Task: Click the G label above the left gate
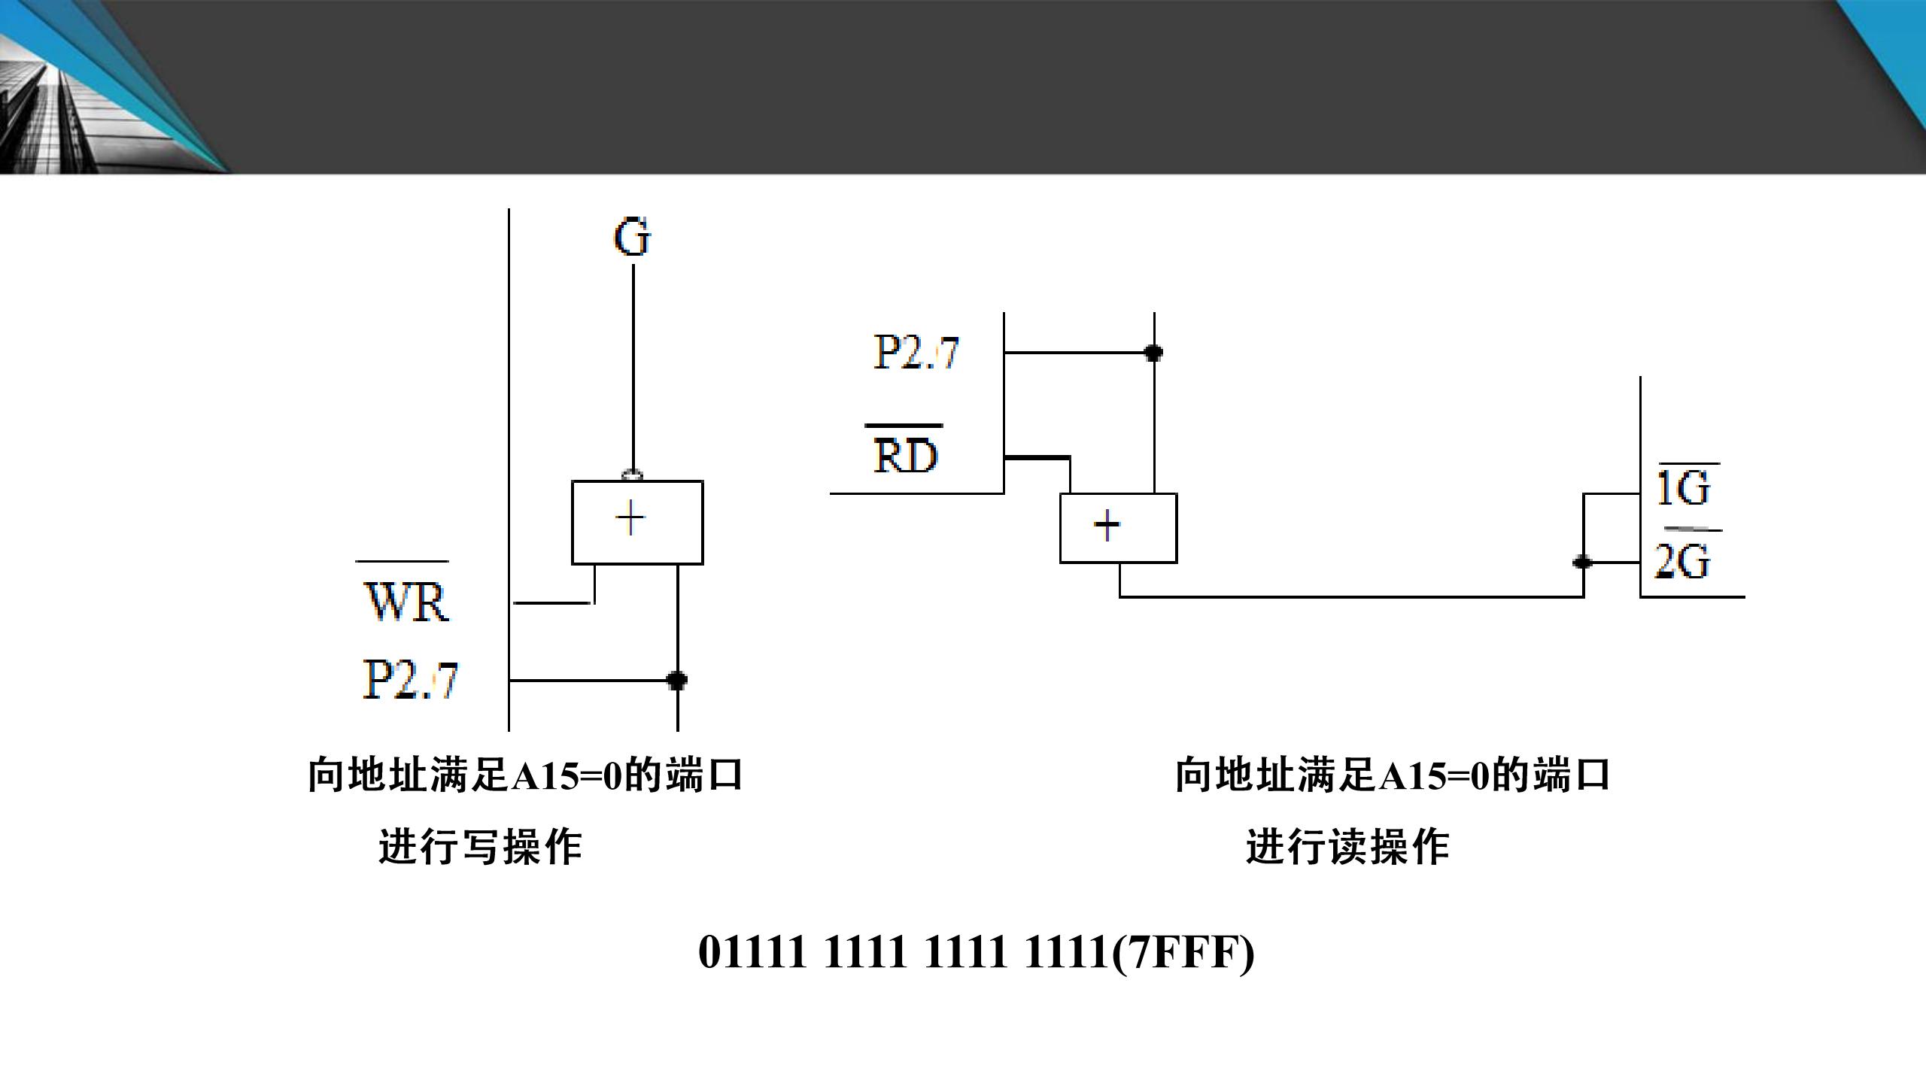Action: [x=632, y=238]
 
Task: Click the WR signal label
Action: [x=406, y=601]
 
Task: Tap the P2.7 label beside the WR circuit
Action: [x=410, y=680]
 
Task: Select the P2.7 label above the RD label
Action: [x=916, y=352]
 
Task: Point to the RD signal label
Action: [x=906, y=455]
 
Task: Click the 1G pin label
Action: [x=1684, y=488]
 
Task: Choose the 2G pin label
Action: [x=1682, y=561]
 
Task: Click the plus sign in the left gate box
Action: [x=630, y=519]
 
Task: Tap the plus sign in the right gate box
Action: [x=1107, y=526]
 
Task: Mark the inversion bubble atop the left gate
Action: [x=632, y=475]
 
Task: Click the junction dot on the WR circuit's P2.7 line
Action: [x=677, y=681]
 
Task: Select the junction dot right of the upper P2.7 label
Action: [x=1153, y=352]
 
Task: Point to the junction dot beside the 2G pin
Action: [x=1583, y=562]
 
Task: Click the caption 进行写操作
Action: [x=480, y=847]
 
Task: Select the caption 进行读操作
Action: [x=1347, y=847]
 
